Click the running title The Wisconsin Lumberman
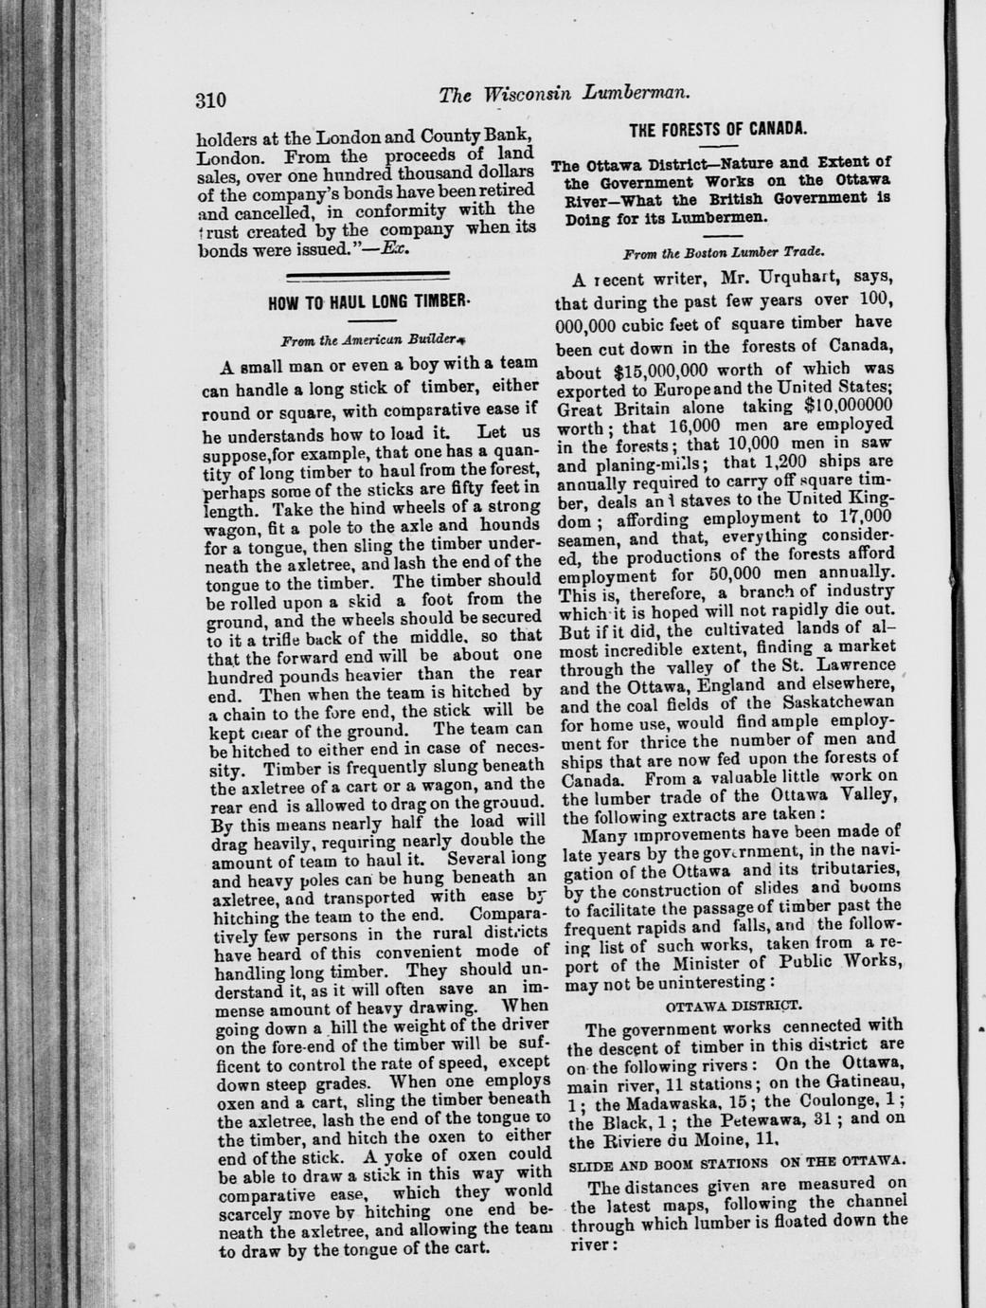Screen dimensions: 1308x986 coord(564,95)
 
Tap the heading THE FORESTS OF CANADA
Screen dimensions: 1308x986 coord(718,127)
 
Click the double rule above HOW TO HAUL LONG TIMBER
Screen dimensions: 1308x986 coord(368,278)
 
